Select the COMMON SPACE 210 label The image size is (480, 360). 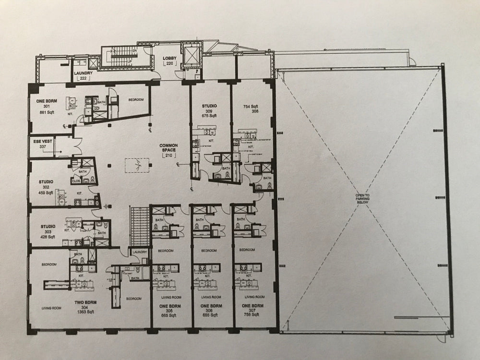point(169,151)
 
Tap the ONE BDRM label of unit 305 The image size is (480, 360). point(168,306)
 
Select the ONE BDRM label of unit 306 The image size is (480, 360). point(209,306)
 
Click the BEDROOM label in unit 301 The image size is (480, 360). point(136,99)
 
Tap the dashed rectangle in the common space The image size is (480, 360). point(138,165)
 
